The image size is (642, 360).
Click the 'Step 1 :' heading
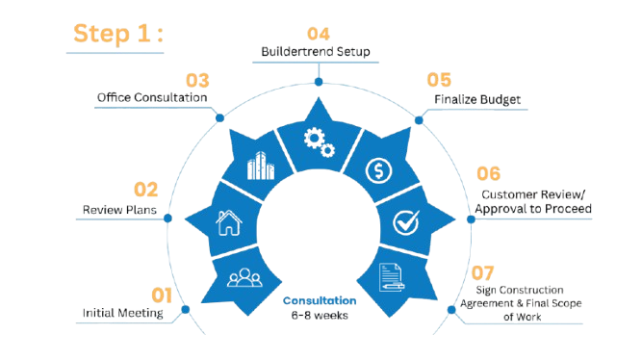coord(118,34)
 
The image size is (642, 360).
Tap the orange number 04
coord(319,34)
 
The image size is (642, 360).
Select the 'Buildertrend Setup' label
coord(316,52)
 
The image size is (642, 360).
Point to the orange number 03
coord(197,80)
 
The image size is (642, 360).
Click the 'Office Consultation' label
coord(152,97)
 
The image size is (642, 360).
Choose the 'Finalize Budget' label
coord(477,99)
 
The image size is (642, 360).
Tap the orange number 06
coord(488,173)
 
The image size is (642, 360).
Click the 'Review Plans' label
coord(119,210)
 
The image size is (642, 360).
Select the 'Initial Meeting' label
coord(123,313)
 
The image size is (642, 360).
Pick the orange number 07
coord(483,273)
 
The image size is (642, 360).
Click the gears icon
coord(319,142)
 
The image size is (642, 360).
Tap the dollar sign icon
coord(378,170)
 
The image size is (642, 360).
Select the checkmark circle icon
coord(406,222)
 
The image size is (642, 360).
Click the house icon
coord(229,222)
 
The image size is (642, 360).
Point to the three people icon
coord(244,277)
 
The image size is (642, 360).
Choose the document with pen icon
coord(391,277)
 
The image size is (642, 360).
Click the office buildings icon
coord(261,166)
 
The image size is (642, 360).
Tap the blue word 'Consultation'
coord(320,300)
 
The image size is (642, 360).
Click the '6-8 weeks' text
coord(320,316)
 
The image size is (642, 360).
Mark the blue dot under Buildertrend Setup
coord(319,82)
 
